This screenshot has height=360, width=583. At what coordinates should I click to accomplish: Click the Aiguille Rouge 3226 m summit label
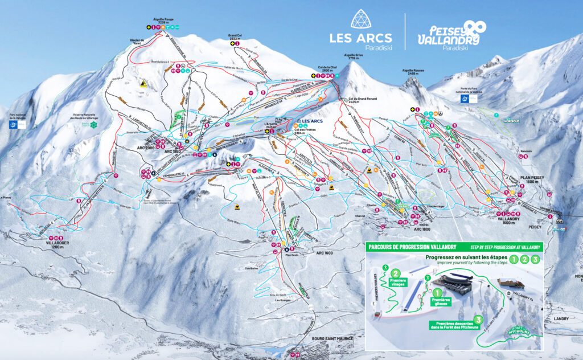tap(163, 21)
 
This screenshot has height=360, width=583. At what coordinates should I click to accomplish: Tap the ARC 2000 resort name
tap(146, 147)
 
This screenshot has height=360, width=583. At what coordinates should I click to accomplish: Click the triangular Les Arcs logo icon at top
tap(359, 19)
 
